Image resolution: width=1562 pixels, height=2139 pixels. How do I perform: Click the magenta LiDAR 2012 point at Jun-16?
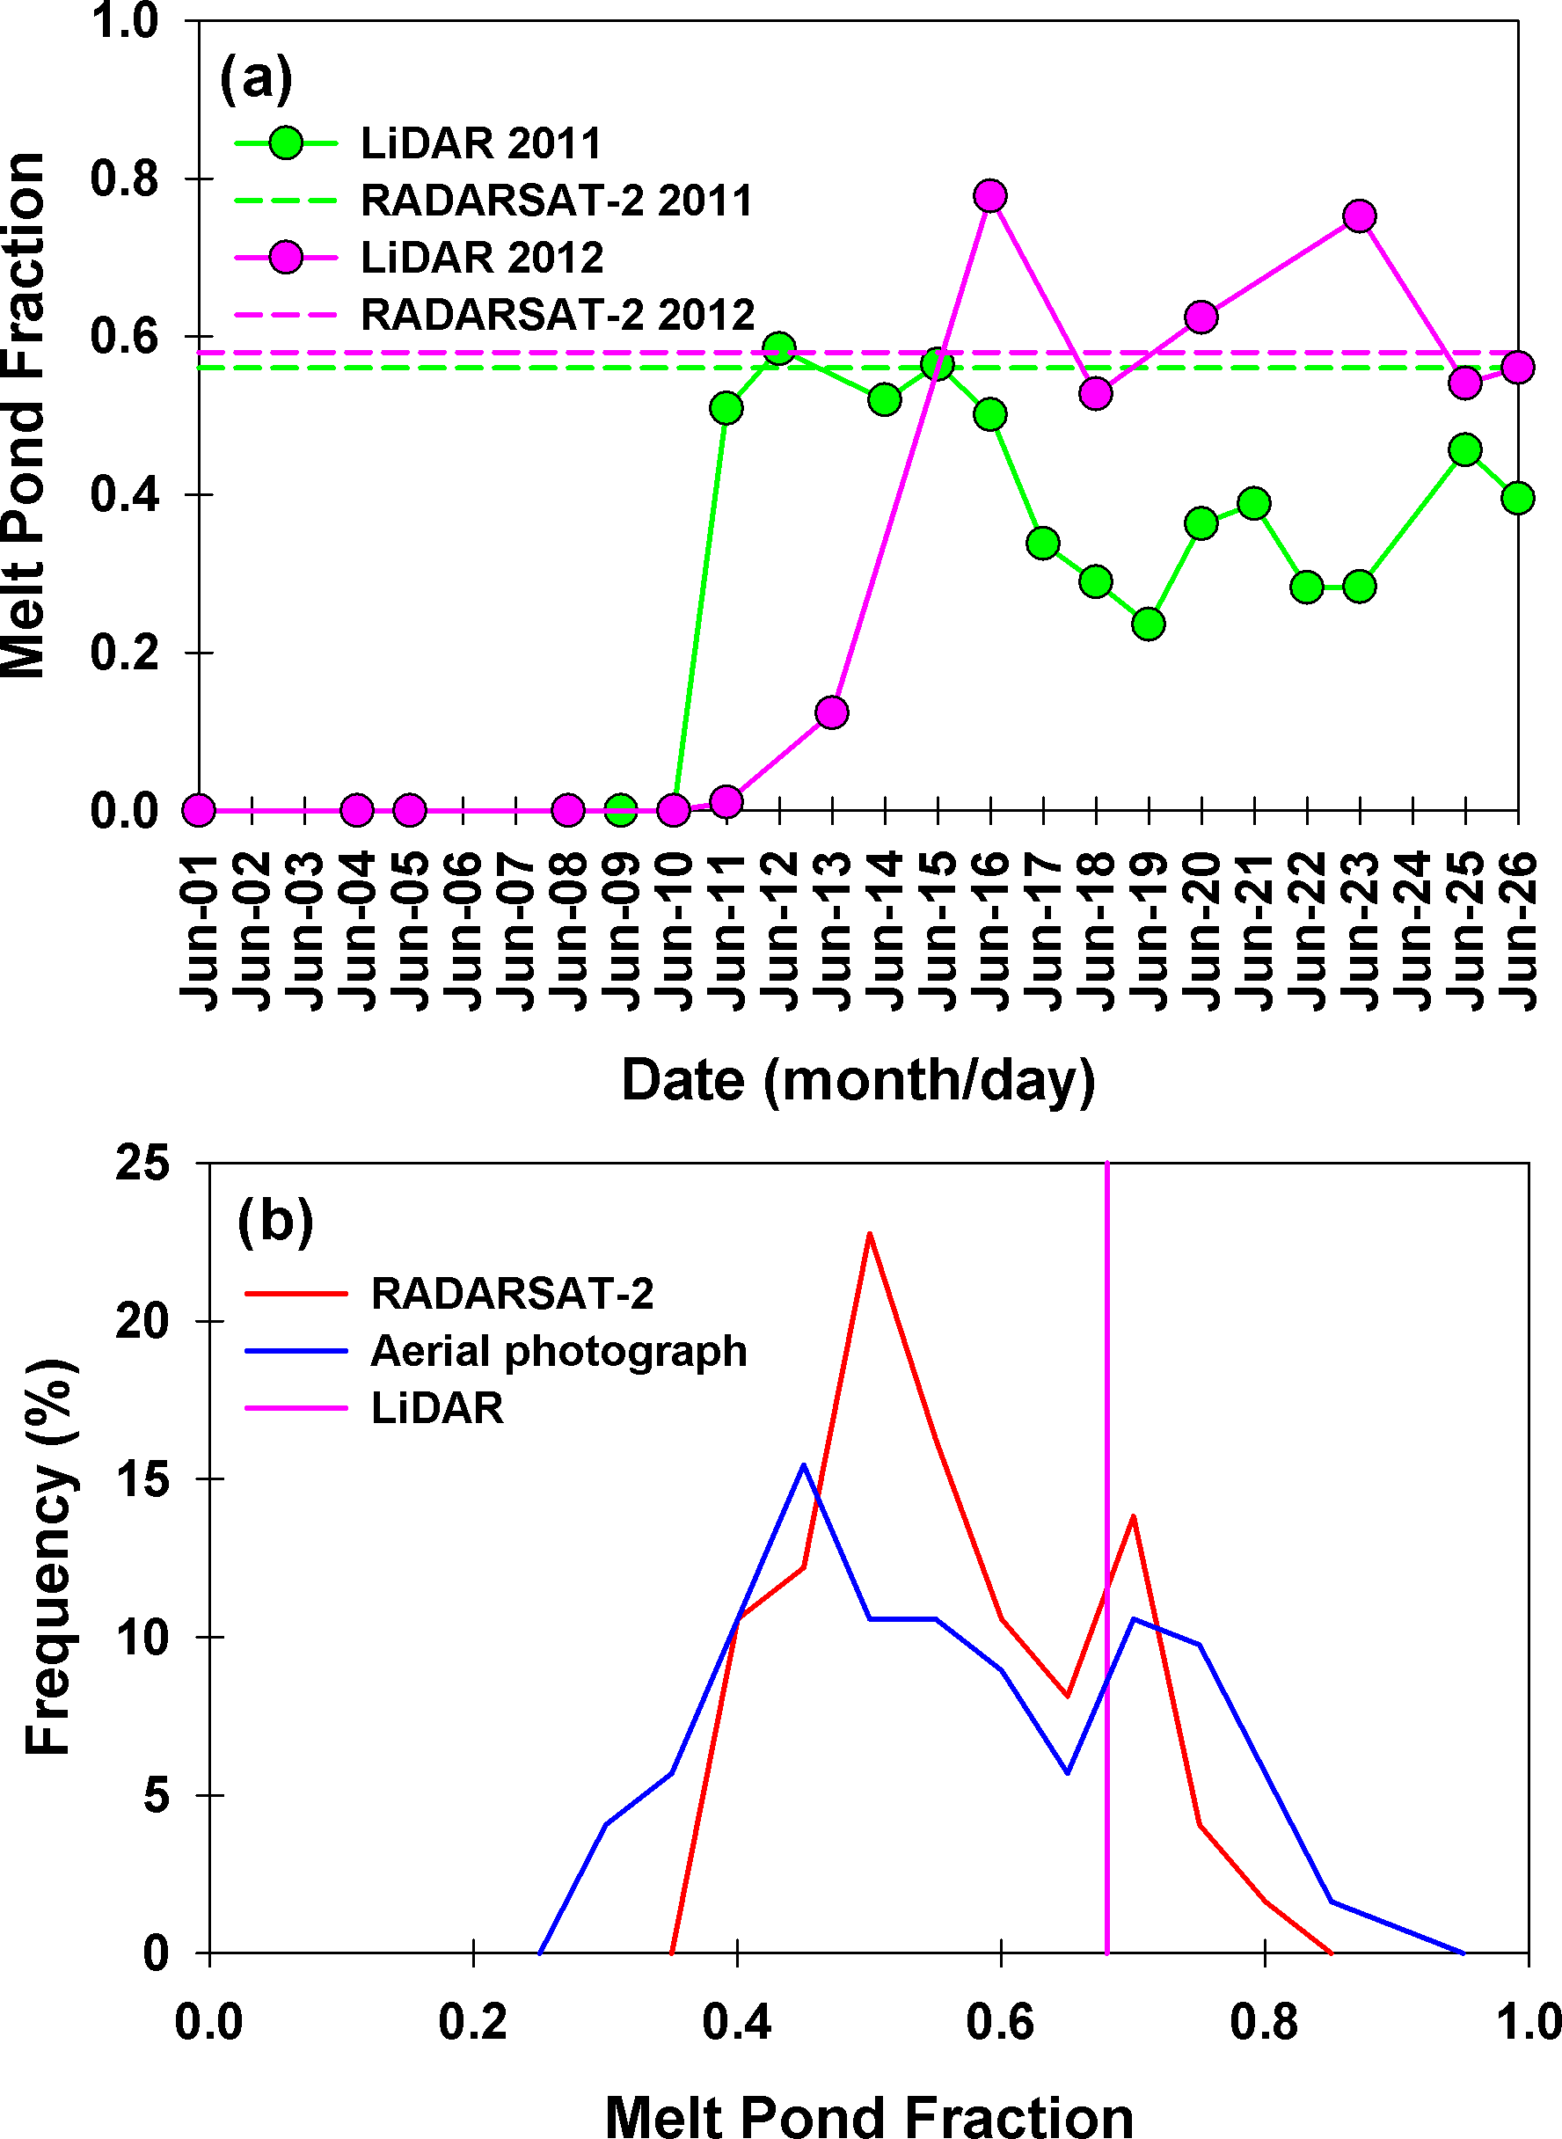click(990, 196)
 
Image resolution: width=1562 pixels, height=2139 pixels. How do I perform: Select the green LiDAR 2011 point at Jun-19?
click(1148, 624)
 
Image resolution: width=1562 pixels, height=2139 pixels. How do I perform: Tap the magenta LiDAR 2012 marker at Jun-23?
click(1360, 215)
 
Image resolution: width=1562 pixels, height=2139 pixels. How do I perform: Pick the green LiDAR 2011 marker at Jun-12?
click(779, 347)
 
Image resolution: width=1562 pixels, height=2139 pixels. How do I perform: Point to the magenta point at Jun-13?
click(831, 712)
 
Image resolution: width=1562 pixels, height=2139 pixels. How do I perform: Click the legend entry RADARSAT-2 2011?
click(556, 201)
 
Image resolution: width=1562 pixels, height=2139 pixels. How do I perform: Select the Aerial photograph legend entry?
click(558, 1351)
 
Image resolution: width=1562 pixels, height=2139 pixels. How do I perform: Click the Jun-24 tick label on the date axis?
click(1413, 931)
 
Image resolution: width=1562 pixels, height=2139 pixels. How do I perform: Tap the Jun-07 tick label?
click(515, 931)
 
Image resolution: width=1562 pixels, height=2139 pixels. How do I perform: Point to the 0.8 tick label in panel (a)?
click(124, 179)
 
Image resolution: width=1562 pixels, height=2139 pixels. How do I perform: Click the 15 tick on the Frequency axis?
click(142, 1480)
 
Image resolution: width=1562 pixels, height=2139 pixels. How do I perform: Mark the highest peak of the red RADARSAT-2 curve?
click(869, 1233)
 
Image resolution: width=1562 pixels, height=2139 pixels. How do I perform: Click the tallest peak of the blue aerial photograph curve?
click(804, 1464)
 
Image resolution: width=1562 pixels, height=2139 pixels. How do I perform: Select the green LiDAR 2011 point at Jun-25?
click(1464, 450)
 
